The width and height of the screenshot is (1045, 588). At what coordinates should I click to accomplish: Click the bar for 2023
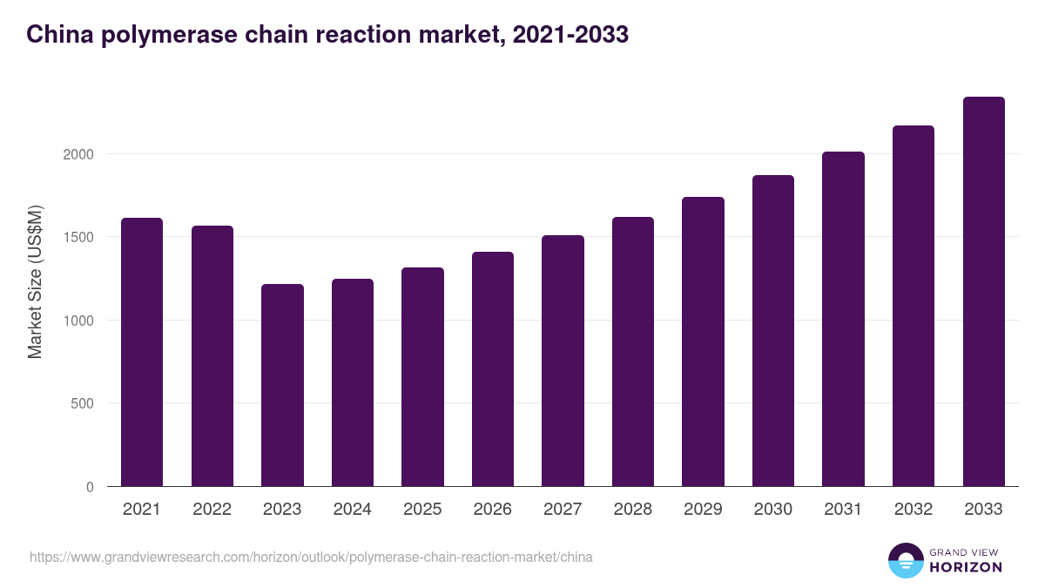click(x=282, y=385)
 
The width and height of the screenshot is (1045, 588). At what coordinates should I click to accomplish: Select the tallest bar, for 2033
click(x=983, y=292)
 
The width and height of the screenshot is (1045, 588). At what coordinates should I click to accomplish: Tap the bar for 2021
click(x=142, y=352)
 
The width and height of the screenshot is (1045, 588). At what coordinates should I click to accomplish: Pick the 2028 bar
click(x=633, y=352)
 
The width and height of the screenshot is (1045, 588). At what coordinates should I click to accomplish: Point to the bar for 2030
click(x=773, y=331)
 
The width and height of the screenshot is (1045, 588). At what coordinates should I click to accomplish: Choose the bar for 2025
click(x=422, y=377)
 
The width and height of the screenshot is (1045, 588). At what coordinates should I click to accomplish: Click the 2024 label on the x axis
click(x=352, y=510)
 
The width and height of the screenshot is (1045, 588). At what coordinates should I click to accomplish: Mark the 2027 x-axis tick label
click(x=563, y=510)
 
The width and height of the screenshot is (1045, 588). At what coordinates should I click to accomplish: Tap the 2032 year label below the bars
click(x=914, y=510)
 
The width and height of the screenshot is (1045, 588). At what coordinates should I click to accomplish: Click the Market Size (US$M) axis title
click(x=35, y=280)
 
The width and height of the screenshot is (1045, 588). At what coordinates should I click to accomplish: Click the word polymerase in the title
click(x=151, y=35)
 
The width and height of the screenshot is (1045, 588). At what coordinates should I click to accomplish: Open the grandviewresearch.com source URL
click(x=311, y=557)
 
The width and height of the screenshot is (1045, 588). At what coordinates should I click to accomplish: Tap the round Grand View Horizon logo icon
click(x=906, y=560)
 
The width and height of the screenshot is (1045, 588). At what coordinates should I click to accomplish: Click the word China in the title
click(x=54, y=35)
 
